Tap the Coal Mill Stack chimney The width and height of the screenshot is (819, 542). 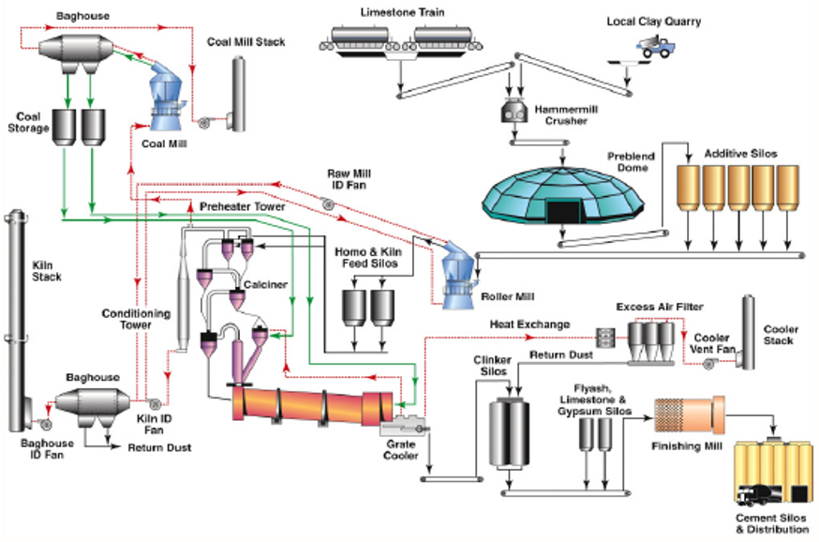click(x=239, y=94)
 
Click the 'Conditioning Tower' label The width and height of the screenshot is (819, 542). click(x=136, y=320)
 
